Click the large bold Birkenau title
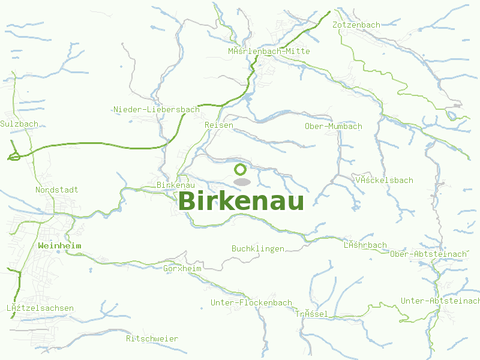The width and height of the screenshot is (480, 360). coord(241,201)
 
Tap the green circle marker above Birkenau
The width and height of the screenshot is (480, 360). coord(241,170)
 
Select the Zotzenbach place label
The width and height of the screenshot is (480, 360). coord(356,25)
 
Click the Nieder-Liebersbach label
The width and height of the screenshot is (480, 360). coord(156,109)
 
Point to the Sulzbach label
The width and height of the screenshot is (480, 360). coord(19,124)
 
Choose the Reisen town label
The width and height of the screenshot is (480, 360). coord(218,125)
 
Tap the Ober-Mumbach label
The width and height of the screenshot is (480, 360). coord(333,127)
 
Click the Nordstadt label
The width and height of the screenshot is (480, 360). coord(56,190)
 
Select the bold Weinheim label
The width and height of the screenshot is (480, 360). coord(59,246)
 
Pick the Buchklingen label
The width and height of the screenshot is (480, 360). coord(257,248)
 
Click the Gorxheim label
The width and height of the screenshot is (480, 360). coord(182,269)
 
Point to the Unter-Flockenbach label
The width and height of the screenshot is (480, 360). coord(251,303)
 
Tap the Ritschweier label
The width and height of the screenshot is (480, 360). coord(152,339)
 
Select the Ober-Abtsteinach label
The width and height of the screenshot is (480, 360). coord(428,254)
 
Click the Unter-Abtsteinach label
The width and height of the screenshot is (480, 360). coord(440,301)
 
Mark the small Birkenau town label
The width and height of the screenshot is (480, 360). coord(175,185)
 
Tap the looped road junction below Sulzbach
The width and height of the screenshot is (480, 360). coord(13,157)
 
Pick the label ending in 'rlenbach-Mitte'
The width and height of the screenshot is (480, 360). coord(269,52)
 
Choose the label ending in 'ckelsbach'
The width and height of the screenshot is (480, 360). coord(384,181)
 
